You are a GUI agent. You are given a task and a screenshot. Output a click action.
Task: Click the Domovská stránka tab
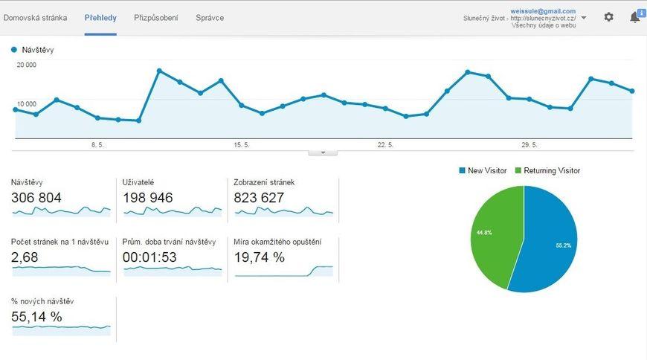[x=36, y=17]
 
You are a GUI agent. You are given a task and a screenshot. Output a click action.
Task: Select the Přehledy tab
[x=100, y=17]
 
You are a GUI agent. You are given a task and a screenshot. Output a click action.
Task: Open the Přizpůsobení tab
[x=155, y=17]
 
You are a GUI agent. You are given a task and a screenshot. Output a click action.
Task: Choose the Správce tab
[x=210, y=17]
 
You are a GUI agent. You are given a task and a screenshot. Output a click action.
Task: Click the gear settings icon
[x=609, y=17]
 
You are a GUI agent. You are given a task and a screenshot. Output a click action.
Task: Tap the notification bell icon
[x=635, y=17]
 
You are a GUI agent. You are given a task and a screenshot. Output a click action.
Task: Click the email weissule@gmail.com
[x=543, y=11]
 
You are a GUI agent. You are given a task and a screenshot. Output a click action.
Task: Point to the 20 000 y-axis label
[x=27, y=65]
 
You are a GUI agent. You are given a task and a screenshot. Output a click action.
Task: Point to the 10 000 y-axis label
[x=27, y=104]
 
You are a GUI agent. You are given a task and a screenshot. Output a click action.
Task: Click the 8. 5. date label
[x=97, y=145]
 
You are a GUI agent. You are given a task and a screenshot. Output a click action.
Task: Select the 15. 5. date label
[x=242, y=145]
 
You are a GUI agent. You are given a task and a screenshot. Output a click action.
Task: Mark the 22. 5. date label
[x=385, y=145]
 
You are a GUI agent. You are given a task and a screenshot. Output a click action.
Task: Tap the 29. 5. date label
[x=529, y=145]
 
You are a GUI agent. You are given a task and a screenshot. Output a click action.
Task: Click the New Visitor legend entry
[x=483, y=171]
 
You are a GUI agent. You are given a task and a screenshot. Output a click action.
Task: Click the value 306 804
[x=36, y=198]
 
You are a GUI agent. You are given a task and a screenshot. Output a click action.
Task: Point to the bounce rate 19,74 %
[x=260, y=257]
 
